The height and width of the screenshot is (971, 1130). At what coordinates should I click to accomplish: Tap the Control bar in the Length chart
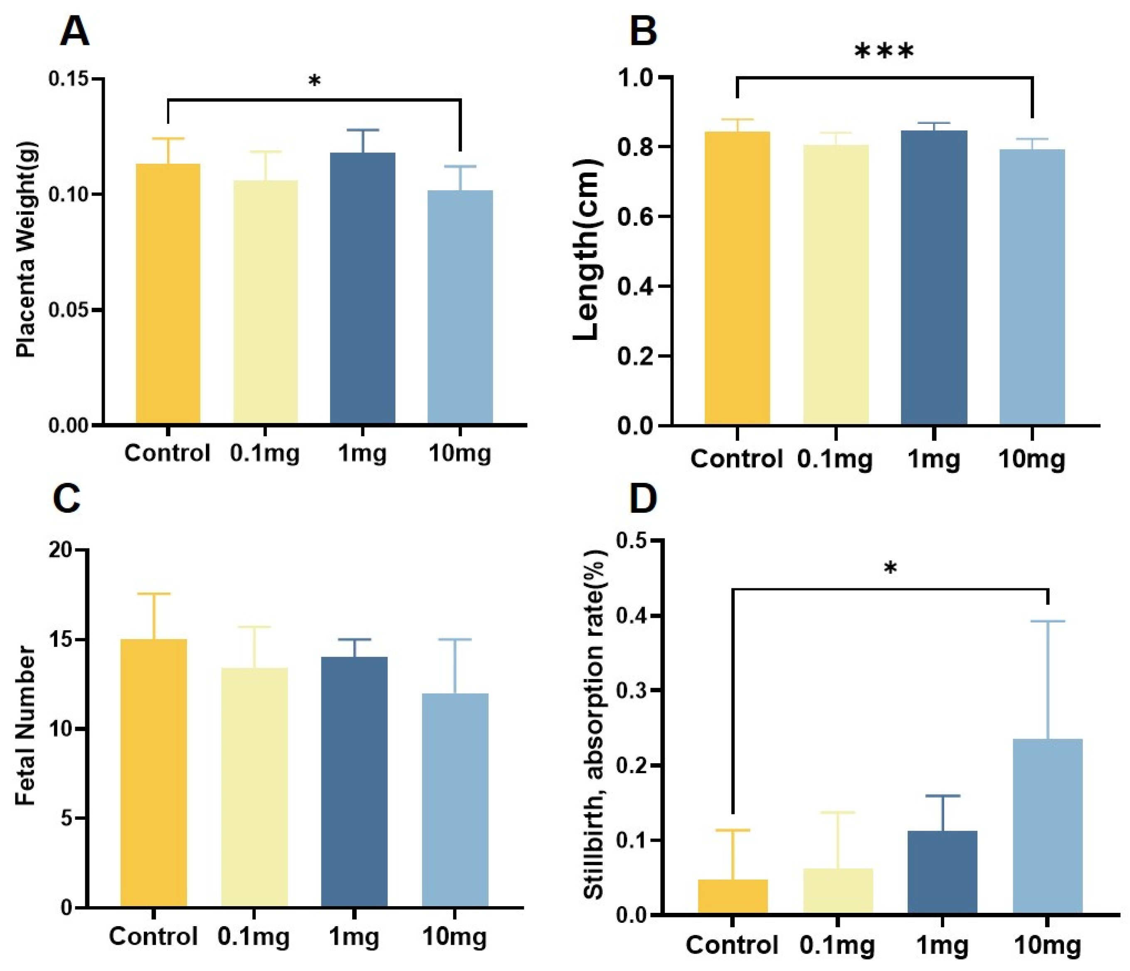click(x=737, y=278)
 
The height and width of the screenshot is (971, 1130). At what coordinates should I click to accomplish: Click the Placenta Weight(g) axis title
click(x=26, y=250)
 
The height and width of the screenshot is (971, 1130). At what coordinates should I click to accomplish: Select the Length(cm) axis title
click(x=587, y=250)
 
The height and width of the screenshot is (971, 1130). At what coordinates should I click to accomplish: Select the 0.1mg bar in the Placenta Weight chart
click(x=266, y=302)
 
